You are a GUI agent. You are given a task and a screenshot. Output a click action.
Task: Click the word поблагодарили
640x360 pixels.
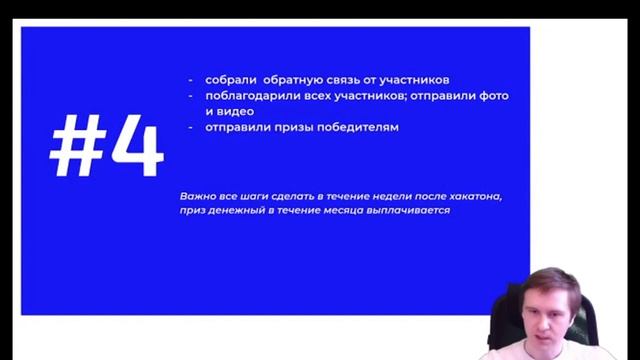250,95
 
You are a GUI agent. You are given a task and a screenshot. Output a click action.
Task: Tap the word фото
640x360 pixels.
495,95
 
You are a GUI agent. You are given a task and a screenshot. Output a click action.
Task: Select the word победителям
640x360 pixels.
365,127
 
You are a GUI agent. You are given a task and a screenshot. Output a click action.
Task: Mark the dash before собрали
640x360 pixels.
190,79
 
